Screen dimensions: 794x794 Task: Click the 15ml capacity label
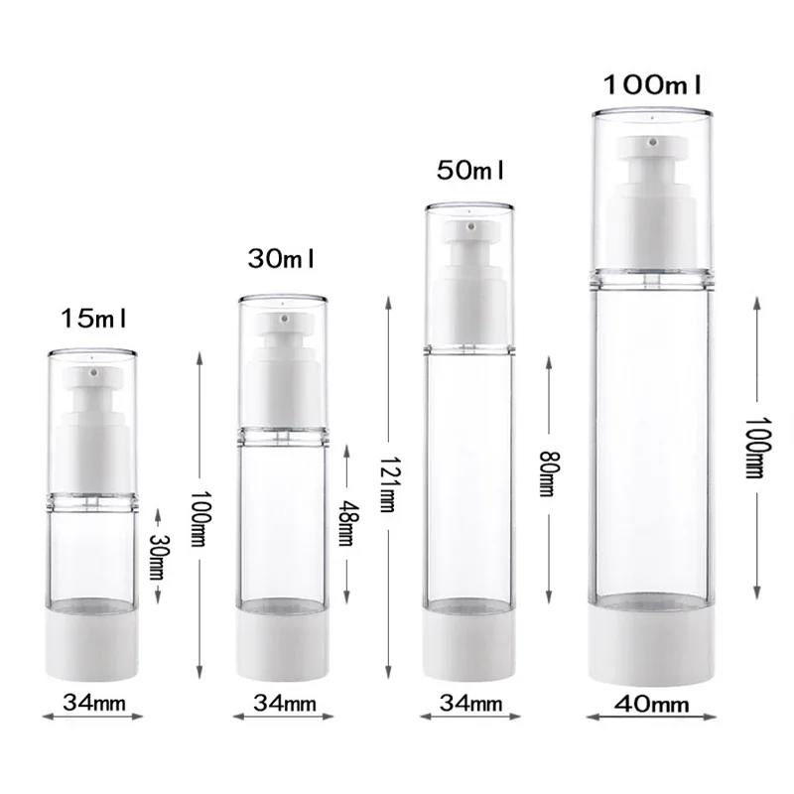(95, 320)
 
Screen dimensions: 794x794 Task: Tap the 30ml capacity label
(281, 259)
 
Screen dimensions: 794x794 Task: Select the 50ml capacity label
(470, 170)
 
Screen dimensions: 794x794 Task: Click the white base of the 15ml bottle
(93, 646)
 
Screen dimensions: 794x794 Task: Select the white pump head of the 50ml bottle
(470, 248)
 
